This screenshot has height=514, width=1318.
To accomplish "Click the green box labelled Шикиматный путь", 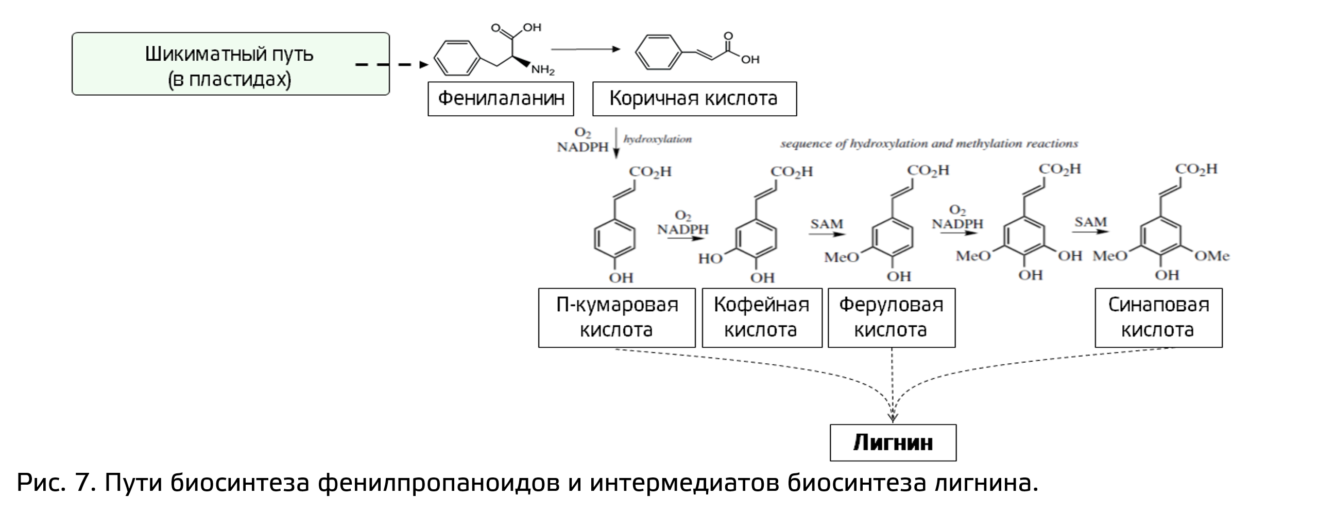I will [230, 64].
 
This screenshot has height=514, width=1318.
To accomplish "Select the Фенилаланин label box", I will [500, 98].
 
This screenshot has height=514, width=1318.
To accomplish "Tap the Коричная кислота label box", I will [694, 98].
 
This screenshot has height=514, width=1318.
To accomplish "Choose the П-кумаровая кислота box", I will [617, 317].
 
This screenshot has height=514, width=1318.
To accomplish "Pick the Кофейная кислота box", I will [761, 317].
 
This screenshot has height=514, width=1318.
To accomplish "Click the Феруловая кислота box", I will [891, 317].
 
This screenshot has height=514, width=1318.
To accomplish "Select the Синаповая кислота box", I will [1158, 317].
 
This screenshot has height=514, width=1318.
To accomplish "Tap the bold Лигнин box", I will [893, 442].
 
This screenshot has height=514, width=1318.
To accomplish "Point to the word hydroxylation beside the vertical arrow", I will [658, 139].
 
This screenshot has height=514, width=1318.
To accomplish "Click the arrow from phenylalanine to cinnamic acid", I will [585, 49].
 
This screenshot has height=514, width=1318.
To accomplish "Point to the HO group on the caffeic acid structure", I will [710, 258].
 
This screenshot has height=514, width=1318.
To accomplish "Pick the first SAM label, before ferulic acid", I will [827, 224].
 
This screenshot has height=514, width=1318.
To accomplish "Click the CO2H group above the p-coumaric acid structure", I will [650, 172].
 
